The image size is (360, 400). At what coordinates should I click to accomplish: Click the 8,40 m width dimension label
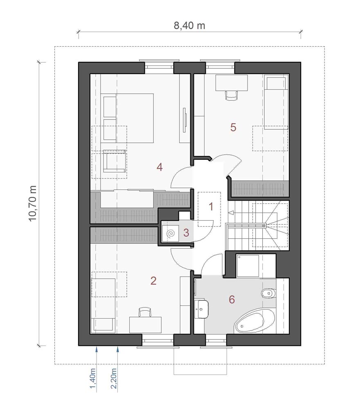point(189,26)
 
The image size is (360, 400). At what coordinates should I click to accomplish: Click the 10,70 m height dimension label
point(33,203)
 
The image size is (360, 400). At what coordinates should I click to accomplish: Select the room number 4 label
point(160,167)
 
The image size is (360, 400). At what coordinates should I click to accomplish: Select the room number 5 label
point(233,127)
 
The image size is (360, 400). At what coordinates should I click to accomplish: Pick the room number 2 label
point(153,281)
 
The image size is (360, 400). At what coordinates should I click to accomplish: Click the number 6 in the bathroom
point(232,300)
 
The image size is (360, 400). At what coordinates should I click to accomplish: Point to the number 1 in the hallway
point(211,207)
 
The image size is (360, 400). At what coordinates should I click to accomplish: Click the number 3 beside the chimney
point(186,233)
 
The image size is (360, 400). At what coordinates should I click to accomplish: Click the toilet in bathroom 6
point(268,293)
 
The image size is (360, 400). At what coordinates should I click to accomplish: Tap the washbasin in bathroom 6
point(202,307)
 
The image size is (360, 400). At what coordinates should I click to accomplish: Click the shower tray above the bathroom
point(248,266)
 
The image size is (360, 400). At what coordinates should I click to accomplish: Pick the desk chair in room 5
point(232,95)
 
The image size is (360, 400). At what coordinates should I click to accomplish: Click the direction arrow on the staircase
point(231,213)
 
